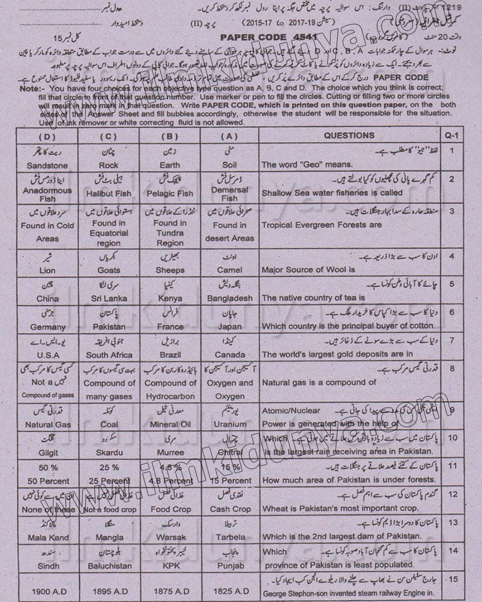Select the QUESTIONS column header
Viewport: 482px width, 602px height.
tap(349, 135)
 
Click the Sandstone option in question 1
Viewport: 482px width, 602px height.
tap(47, 165)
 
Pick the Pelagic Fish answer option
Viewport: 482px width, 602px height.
tap(170, 193)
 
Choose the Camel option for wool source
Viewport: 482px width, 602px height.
tap(230, 270)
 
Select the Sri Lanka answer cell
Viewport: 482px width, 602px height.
tap(109, 298)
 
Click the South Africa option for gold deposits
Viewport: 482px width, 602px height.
tap(109, 354)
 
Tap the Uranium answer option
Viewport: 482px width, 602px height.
tap(230, 424)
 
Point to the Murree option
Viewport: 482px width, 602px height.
tap(170, 453)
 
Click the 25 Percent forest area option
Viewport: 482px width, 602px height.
tap(109, 481)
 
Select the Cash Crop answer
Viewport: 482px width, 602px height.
tap(230, 509)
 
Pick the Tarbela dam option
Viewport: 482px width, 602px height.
tap(230, 537)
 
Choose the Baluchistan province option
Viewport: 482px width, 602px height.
tap(109, 565)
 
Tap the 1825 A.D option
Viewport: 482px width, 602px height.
tap(230, 591)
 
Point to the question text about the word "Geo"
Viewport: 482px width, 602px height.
tap(307, 165)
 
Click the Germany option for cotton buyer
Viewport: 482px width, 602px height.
tap(47, 326)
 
